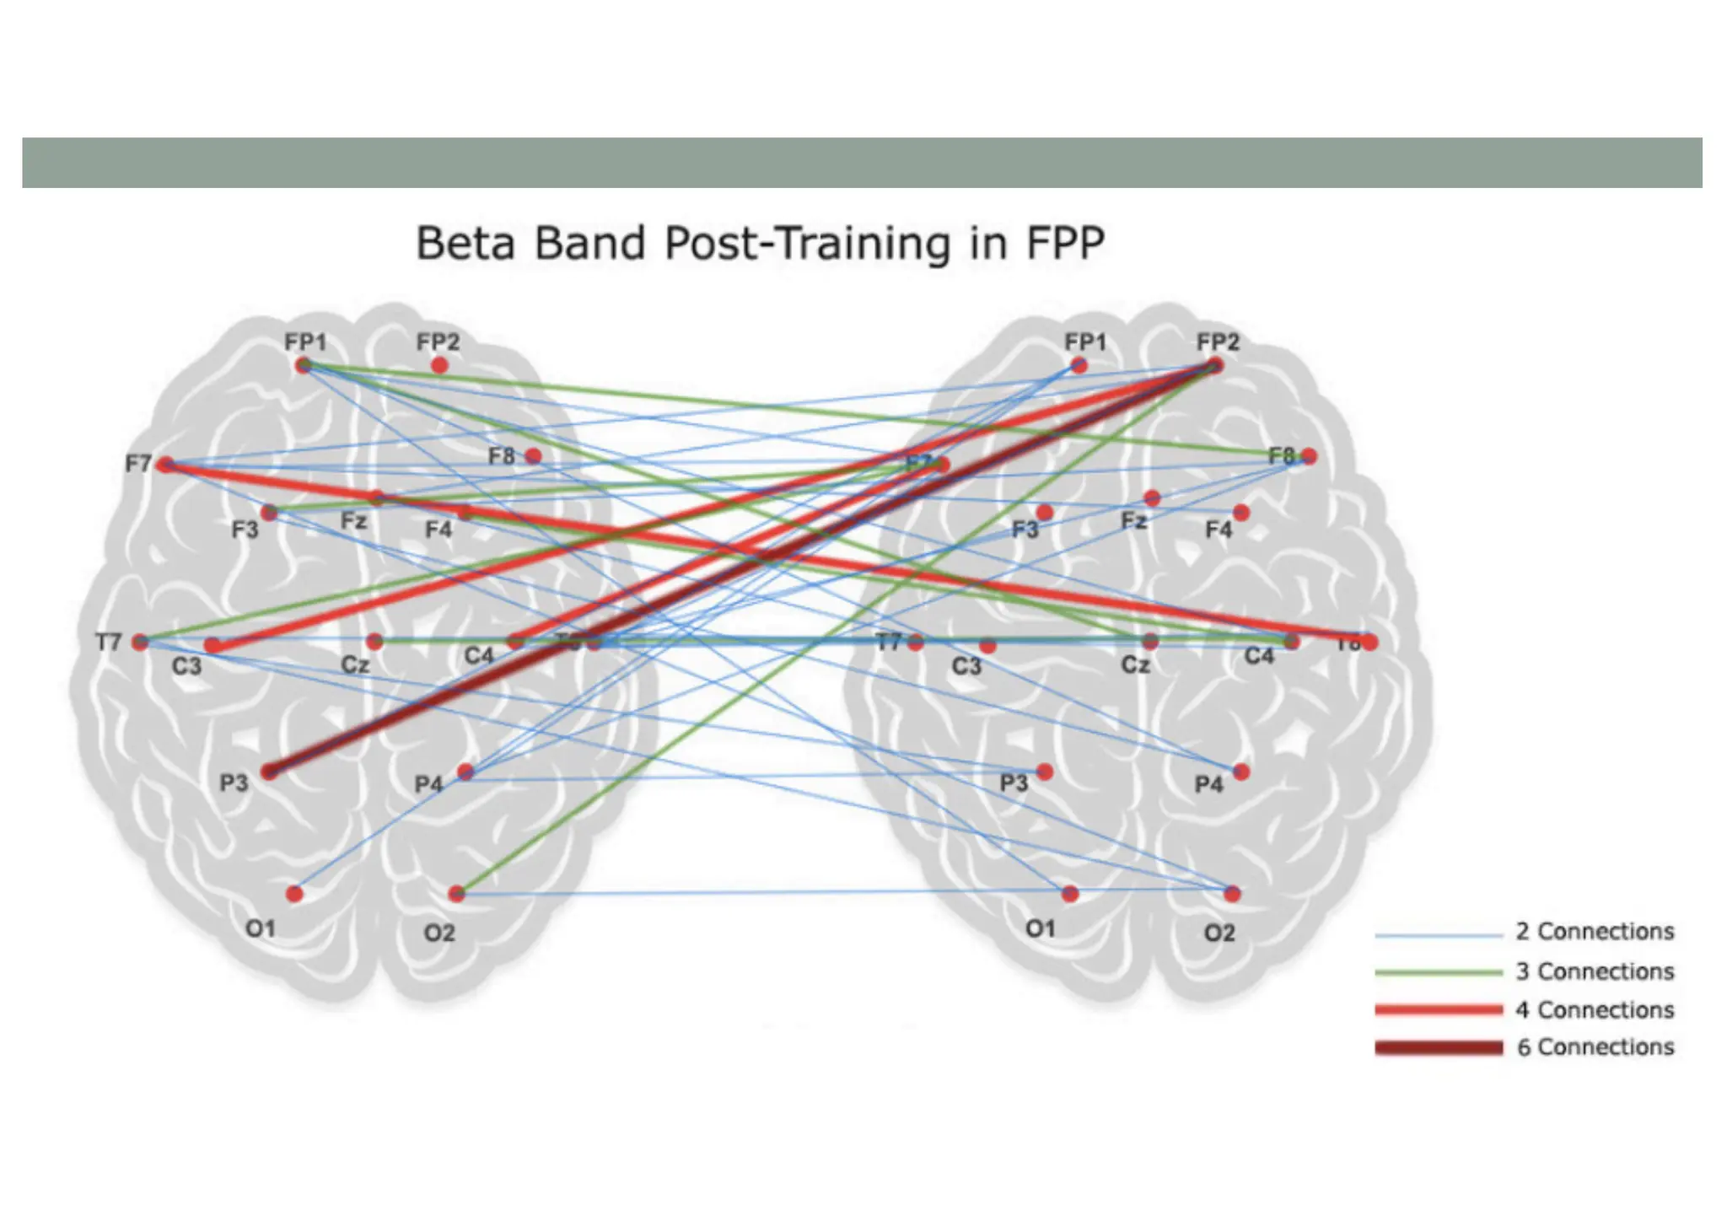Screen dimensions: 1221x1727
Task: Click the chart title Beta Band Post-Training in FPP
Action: pos(760,243)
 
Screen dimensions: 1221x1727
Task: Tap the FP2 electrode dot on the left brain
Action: pos(439,365)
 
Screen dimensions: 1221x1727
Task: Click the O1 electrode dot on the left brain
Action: pos(294,894)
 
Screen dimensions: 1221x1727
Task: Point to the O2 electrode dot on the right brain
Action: pos(1232,893)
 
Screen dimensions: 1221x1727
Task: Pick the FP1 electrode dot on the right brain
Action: pos(1079,365)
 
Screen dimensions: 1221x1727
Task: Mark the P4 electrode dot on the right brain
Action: pos(1241,772)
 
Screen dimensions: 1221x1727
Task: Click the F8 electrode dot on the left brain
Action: pos(533,456)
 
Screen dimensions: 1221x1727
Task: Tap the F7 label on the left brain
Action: pos(137,464)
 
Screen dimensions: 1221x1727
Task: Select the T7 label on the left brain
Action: pos(109,643)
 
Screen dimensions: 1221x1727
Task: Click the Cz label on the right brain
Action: pos(1135,665)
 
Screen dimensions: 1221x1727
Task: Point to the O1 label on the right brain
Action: pos(1041,928)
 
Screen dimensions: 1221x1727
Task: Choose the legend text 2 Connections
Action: pos(1595,932)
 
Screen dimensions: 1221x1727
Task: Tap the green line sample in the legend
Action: pos(1439,972)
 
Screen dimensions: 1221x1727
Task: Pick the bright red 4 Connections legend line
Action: pos(1439,1009)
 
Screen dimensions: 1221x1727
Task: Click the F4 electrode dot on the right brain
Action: pos(1240,513)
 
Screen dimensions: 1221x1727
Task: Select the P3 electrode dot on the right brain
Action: pos(1045,772)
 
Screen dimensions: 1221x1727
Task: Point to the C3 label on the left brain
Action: pos(186,666)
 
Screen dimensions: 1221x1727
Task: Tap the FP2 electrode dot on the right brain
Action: pos(1214,365)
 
